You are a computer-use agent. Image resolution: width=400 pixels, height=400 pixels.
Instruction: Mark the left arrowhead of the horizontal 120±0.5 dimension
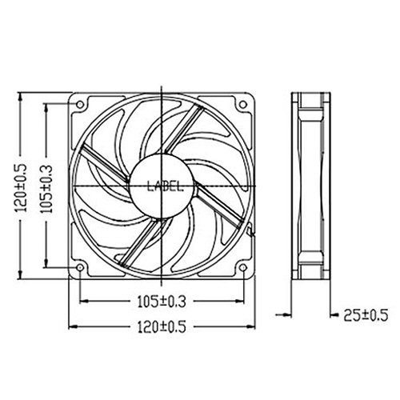pos(74,326)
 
